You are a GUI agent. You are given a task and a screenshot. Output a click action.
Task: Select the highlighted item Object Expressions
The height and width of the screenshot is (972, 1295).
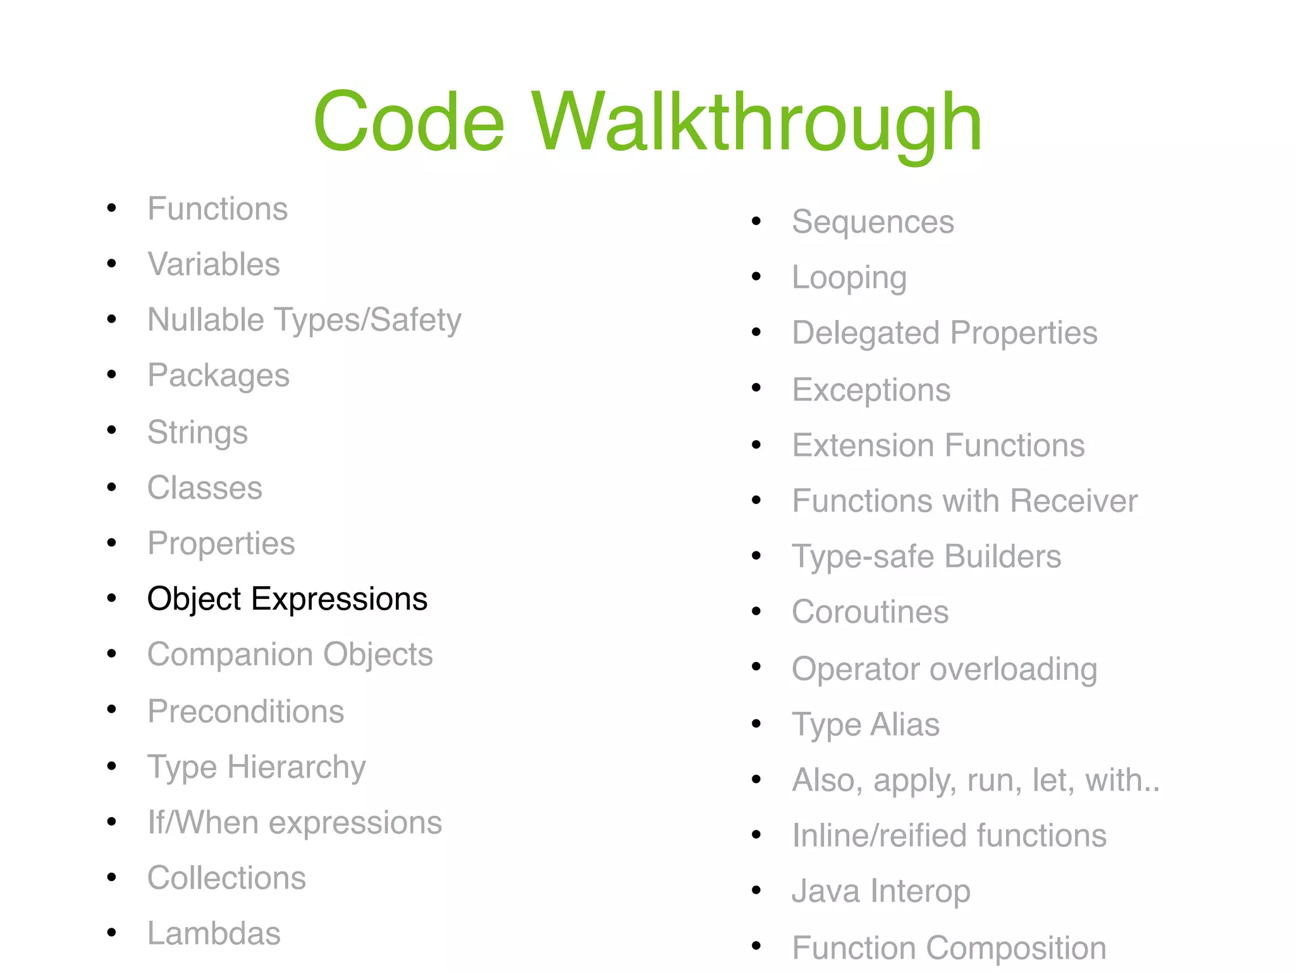tap(287, 598)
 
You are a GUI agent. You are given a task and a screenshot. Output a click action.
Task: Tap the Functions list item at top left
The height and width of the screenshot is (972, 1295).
tap(218, 209)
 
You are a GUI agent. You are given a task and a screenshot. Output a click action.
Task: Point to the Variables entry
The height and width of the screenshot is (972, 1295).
tap(214, 264)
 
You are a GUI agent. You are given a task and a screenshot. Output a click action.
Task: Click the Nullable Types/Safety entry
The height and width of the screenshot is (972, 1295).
tap(304, 320)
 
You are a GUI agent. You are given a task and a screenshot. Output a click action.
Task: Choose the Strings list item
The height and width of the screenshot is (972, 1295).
tap(197, 433)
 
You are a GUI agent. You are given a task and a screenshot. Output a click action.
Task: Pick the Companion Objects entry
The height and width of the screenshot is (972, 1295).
tap(290, 654)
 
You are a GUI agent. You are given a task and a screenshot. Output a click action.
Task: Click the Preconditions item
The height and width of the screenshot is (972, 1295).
tap(246, 711)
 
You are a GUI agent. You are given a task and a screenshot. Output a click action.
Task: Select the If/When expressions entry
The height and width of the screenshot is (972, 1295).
tap(295, 822)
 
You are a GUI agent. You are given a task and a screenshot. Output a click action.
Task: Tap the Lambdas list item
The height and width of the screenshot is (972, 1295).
tap(214, 933)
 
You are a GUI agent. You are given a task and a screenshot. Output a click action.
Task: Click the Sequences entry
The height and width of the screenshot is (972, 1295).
tap(873, 222)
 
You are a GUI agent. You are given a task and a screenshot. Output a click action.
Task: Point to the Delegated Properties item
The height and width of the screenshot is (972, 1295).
tap(945, 333)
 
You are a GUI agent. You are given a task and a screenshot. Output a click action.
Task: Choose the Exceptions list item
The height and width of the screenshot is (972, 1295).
tap(871, 390)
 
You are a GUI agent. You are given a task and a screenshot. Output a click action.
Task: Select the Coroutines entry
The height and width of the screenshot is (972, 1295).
tap(870, 612)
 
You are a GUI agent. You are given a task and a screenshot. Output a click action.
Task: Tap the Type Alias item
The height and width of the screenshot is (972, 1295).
tap(866, 724)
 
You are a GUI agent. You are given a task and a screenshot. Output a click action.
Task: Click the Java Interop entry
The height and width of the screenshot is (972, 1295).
tap(881, 891)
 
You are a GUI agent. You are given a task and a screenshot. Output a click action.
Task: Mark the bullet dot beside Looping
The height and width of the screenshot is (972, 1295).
tap(756, 276)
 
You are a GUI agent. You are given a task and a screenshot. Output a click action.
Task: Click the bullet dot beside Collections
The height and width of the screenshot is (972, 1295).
tap(112, 877)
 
